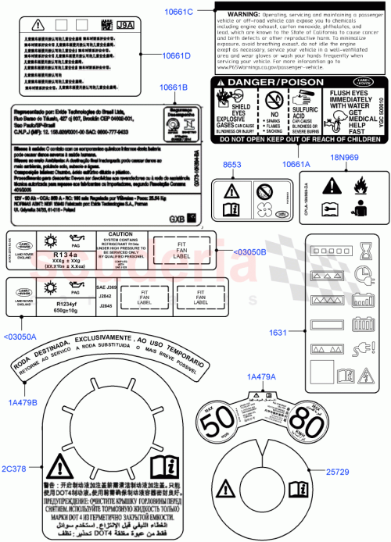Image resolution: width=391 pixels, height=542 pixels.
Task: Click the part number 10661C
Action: [x=178, y=12]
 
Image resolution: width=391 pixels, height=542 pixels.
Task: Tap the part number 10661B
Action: [x=178, y=88]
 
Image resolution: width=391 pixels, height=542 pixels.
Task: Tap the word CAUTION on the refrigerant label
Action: [x=124, y=234]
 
